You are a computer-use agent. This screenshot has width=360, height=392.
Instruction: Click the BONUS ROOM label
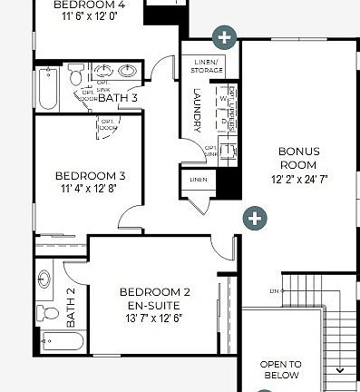(x=297, y=158)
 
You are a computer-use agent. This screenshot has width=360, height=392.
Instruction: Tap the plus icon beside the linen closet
(x=255, y=218)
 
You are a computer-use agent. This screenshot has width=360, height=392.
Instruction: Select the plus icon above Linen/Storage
(x=224, y=37)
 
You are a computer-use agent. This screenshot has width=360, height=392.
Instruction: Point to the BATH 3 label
(x=118, y=97)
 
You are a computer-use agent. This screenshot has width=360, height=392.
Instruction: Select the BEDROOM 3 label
(x=90, y=175)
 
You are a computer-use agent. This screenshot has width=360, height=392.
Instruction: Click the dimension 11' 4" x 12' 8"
(x=90, y=189)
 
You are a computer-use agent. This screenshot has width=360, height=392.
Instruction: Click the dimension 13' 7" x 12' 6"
(x=155, y=318)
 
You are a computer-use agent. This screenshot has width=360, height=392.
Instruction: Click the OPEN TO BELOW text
(x=281, y=368)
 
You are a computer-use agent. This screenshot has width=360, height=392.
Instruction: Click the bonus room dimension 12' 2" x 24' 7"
(x=297, y=180)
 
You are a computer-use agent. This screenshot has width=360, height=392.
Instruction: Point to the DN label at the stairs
(x=274, y=291)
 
